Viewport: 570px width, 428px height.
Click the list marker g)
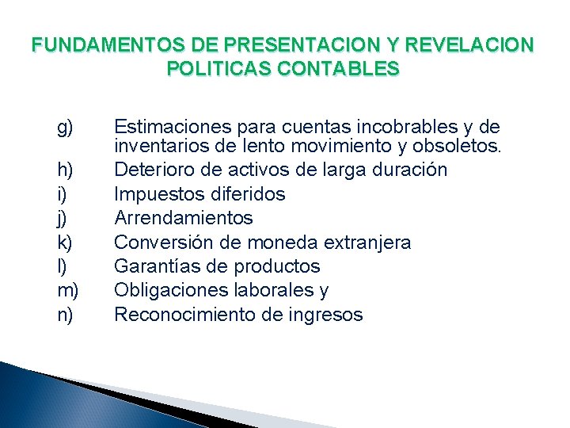click(66, 127)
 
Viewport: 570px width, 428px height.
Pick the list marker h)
click(66, 170)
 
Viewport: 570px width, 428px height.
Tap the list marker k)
click(66, 242)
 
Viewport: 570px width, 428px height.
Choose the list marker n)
click(66, 315)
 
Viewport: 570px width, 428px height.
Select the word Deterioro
click(150, 170)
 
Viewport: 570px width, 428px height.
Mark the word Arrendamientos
click(184, 218)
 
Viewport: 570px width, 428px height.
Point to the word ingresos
click(325, 315)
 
